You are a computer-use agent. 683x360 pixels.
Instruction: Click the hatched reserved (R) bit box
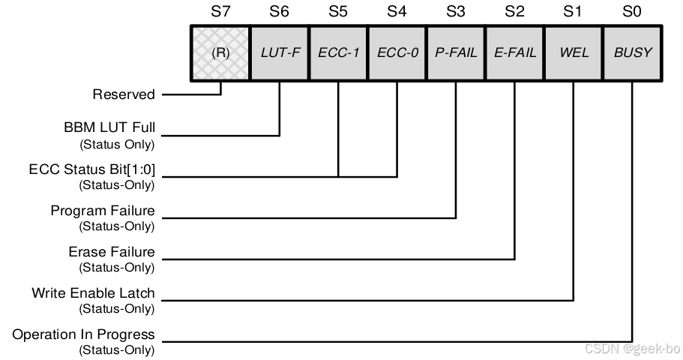tap(220, 53)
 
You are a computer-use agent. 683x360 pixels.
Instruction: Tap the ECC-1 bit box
tap(338, 53)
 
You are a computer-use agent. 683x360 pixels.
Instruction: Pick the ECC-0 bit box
tap(397, 53)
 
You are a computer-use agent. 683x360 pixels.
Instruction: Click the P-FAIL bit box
tap(456, 53)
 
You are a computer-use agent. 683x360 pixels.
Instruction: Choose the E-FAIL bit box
tap(515, 53)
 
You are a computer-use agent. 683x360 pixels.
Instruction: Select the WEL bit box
tap(574, 53)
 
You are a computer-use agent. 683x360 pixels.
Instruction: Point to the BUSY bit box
tap(633, 53)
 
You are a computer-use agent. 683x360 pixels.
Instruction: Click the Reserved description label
tap(124, 94)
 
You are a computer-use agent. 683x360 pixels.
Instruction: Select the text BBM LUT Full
tap(109, 128)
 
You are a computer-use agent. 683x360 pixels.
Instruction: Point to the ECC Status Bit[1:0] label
tap(92, 169)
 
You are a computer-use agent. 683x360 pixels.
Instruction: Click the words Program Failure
tap(103, 211)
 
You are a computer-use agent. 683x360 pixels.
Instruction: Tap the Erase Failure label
tap(112, 252)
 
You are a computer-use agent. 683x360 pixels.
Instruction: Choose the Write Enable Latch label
tap(93, 293)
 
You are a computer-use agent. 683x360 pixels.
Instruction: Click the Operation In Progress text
tap(83, 334)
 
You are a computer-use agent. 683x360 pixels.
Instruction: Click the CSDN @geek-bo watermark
tap(632, 349)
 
